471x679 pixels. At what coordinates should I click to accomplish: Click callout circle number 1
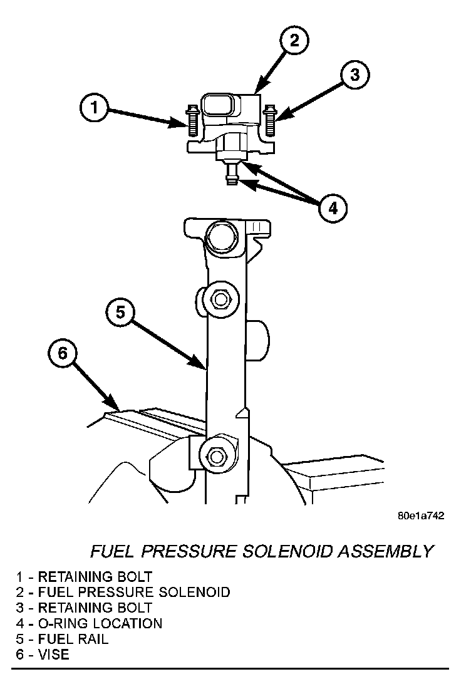[94, 108]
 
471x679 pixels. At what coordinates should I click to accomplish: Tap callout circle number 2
[294, 41]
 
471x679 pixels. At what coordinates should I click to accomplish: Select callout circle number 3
[355, 76]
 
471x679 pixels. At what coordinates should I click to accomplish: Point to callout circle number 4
[333, 207]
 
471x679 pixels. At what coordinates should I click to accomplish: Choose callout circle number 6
[62, 354]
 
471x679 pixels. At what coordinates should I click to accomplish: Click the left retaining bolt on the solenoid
[192, 122]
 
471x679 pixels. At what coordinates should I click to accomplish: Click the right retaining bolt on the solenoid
[270, 120]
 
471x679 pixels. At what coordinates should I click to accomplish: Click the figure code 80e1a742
[420, 516]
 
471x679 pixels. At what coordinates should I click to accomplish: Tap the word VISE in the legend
[54, 655]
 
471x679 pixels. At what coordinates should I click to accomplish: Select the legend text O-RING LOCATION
[100, 623]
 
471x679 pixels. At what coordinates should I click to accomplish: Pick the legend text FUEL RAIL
[73, 640]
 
